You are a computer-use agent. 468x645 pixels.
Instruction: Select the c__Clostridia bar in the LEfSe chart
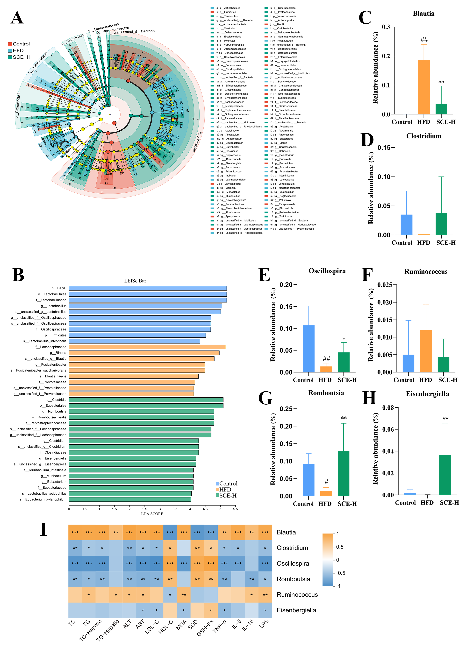(x=146, y=400)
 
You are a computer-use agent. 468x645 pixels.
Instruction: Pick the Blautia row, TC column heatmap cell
(x=75, y=532)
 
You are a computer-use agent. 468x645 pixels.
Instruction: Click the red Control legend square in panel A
(x=10, y=44)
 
